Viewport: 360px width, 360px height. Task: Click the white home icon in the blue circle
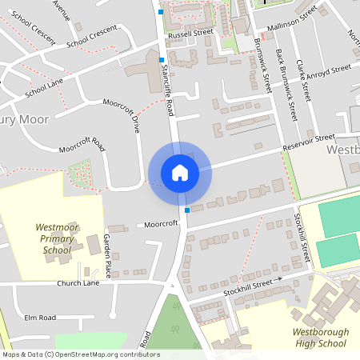(x=179, y=172)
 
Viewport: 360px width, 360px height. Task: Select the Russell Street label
(x=190, y=35)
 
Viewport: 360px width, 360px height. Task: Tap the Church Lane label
(x=78, y=283)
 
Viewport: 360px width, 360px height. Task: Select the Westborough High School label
(x=314, y=337)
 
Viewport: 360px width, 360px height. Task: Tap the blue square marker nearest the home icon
(x=187, y=210)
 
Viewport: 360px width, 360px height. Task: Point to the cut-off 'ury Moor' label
(x=26, y=119)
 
